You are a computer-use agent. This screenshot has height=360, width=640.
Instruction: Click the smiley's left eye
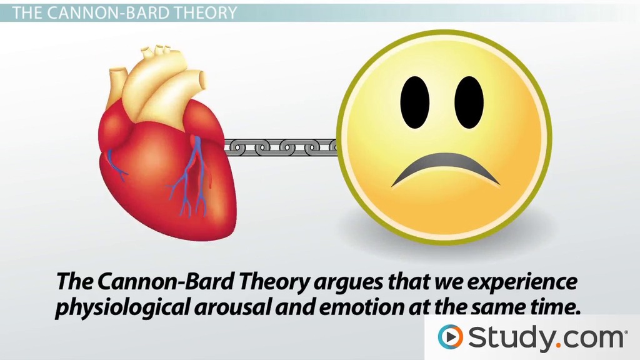(415, 102)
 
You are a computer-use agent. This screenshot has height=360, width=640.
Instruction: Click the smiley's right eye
(469, 102)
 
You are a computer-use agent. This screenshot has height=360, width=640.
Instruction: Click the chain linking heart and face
(281, 147)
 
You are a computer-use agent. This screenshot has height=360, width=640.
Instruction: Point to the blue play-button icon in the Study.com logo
(450, 337)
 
